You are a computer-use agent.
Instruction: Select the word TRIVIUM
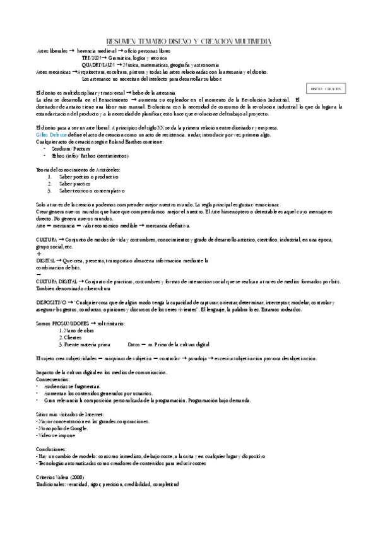[x=93, y=57]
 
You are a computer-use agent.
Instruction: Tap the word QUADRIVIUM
[x=98, y=64]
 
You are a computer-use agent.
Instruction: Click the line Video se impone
[x=56, y=435]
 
